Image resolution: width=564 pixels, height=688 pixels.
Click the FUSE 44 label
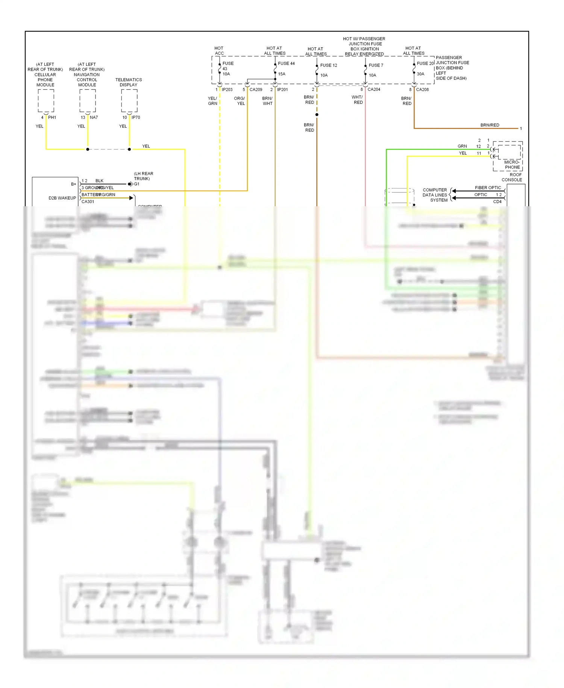(286, 63)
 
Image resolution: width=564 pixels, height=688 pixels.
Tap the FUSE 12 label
(328, 65)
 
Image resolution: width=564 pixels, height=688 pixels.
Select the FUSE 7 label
(376, 65)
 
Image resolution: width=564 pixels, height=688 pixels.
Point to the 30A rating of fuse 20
(420, 74)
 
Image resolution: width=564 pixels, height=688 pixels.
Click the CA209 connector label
(256, 90)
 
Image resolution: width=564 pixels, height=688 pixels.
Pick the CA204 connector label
(374, 90)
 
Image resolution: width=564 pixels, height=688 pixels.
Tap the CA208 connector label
(422, 90)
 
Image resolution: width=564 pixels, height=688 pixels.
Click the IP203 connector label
(227, 90)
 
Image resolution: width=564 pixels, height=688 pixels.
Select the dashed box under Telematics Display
(129, 100)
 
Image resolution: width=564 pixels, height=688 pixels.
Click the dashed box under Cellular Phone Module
(46, 100)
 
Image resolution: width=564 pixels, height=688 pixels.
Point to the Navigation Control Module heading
(87, 75)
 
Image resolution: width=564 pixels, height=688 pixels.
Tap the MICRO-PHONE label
(512, 164)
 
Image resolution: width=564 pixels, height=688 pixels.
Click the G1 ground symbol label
(136, 184)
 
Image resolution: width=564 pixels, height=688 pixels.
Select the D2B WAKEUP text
(62, 198)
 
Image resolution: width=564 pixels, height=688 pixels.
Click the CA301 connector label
(88, 202)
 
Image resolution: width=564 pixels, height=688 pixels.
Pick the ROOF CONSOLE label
(512, 177)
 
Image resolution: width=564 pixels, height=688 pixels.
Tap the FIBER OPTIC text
(488, 187)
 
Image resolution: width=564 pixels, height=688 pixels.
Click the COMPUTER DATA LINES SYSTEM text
(435, 195)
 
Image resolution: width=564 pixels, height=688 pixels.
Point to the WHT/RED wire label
(358, 100)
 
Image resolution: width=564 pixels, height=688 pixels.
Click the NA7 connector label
(94, 117)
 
